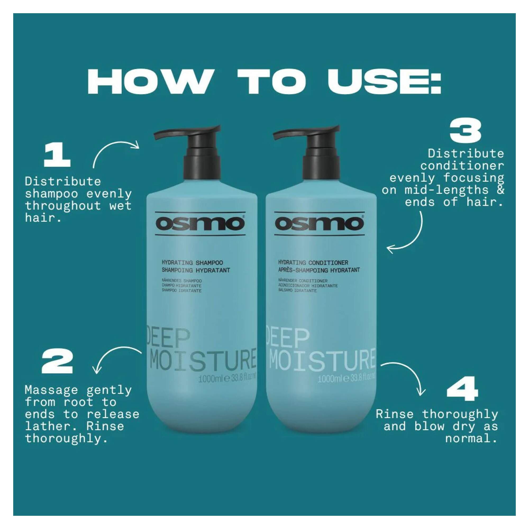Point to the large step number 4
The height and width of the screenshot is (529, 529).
[462, 387]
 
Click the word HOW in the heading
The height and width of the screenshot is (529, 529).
[149, 83]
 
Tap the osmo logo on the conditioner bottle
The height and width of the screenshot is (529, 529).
[320, 224]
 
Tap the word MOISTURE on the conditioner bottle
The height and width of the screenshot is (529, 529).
[321, 359]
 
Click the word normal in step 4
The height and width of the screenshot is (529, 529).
[471, 438]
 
